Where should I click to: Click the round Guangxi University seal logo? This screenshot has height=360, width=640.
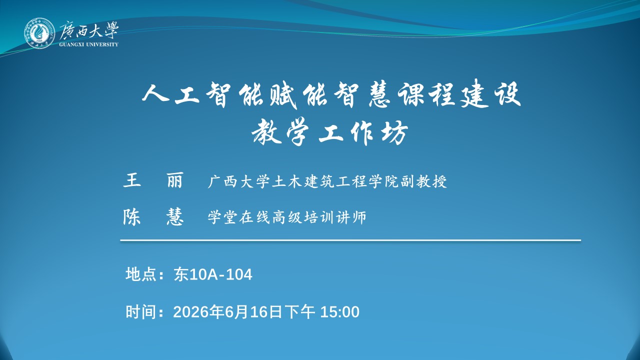pos(39,33)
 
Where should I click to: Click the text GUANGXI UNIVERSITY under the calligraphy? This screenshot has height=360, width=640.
pos(89,44)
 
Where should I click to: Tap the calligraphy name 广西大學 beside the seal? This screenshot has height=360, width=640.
pos(88,30)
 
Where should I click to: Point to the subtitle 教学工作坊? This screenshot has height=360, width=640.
pos(330,133)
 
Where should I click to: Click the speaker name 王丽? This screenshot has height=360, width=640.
pos(153,180)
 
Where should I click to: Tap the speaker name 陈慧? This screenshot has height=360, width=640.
pos(153,217)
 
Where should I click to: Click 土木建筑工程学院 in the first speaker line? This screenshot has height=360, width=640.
pos(335,181)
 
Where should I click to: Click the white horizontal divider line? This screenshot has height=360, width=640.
pos(350,240)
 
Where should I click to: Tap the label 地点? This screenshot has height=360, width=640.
pos(140,274)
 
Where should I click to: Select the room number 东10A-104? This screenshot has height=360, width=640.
pos(213,274)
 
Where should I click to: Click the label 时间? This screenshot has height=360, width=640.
pos(140,311)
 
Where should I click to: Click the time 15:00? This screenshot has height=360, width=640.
pos(339,312)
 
